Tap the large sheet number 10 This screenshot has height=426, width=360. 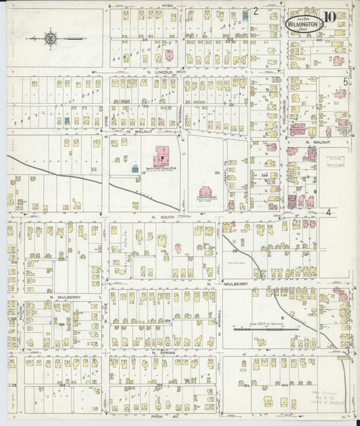(x=330, y=18)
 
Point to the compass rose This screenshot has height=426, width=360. (x=51, y=38)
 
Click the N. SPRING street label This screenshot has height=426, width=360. (x=163, y=352)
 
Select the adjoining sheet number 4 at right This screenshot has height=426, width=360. (x=329, y=211)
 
